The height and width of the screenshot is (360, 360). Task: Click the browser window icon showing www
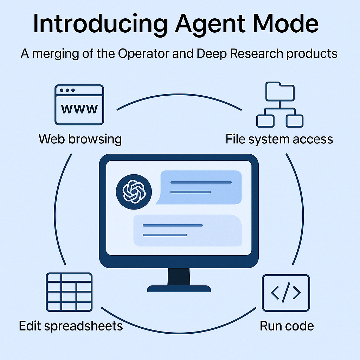tap(79, 104)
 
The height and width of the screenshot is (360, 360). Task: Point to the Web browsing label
tap(80, 139)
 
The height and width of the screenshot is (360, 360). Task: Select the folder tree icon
tap(279, 104)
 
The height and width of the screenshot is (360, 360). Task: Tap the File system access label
tap(279, 139)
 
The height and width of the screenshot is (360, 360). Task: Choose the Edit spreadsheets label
tap(71, 326)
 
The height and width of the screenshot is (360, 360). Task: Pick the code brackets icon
tap(286, 292)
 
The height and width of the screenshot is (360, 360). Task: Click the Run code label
tap(287, 326)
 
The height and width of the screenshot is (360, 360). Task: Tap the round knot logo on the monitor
tap(134, 192)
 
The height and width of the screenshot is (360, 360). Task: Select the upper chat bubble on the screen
tap(200, 187)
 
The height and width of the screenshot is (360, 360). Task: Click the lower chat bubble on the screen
tap(187, 230)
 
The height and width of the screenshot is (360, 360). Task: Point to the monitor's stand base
tap(179, 289)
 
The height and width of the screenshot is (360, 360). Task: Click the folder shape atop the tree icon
tap(279, 91)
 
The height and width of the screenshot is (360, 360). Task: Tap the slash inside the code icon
tap(286, 292)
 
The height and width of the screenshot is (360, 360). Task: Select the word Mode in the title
tap(285, 24)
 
